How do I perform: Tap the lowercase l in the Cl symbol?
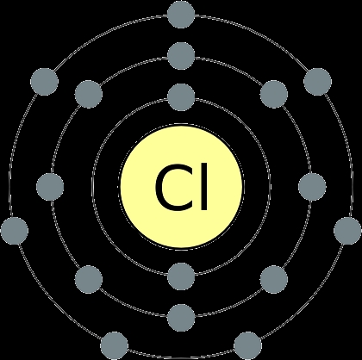tap(203, 186)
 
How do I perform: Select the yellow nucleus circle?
tap(181, 187)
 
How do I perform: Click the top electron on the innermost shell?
tap(181, 97)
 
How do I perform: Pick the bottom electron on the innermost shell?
tap(181, 276)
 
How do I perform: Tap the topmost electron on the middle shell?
tap(181, 56)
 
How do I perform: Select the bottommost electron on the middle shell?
tap(181, 318)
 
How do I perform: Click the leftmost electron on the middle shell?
tap(50, 187)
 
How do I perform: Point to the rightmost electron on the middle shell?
tap(312, 187)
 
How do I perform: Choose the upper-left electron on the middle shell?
tap(89, 94)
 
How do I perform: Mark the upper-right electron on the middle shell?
tap(274, 94)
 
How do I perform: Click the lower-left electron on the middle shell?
tap(89, 279)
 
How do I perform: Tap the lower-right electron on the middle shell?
tap(274, 279)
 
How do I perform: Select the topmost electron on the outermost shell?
tap(181, 15)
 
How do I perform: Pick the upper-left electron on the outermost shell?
tap(44, 82)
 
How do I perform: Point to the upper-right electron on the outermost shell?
tap(317, 82)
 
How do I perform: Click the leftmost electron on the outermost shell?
tap(15, 231)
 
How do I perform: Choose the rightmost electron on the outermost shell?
tap(347, 231)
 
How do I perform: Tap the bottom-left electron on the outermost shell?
tap(114, 345)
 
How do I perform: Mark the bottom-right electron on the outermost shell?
tap(248, 345)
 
